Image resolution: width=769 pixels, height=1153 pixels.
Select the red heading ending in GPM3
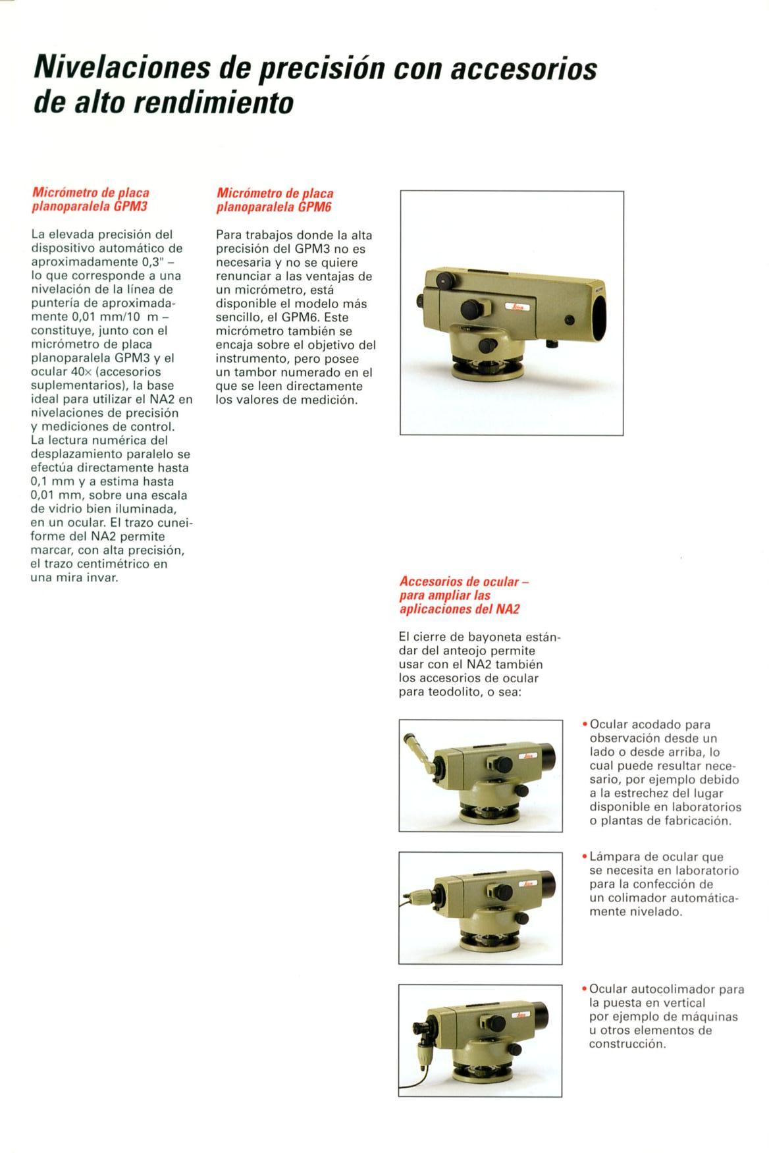click(x=91, y=200)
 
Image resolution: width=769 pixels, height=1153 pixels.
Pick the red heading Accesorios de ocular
click(x=464, y=582)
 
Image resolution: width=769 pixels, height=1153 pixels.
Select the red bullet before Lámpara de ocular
click(x=585, y=857)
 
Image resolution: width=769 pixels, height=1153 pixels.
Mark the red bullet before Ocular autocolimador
click(x=585, y=989)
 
